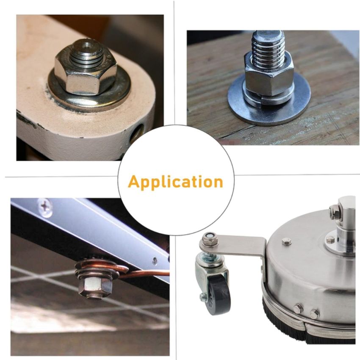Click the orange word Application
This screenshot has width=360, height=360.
(x=175, y=182)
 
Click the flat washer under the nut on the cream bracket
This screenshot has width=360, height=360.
(x=89, y=91)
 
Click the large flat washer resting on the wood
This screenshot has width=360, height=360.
(x=269, y=101)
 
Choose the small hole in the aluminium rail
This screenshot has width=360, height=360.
(x=155, y=260)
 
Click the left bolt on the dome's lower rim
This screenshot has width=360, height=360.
(x=298, y=308)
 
